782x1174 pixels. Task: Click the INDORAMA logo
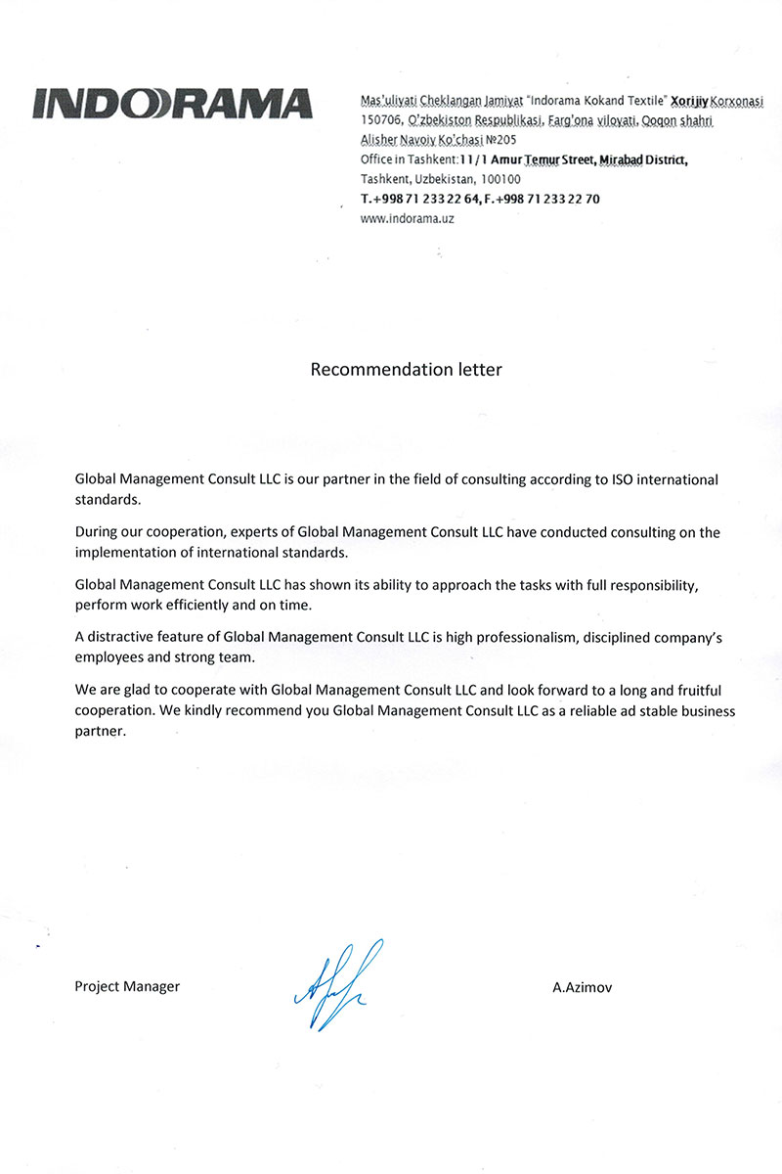172,104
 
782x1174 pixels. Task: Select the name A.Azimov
583,987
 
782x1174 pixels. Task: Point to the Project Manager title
127,986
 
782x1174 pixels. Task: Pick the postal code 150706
381,121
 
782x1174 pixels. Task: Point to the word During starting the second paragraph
99,533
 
